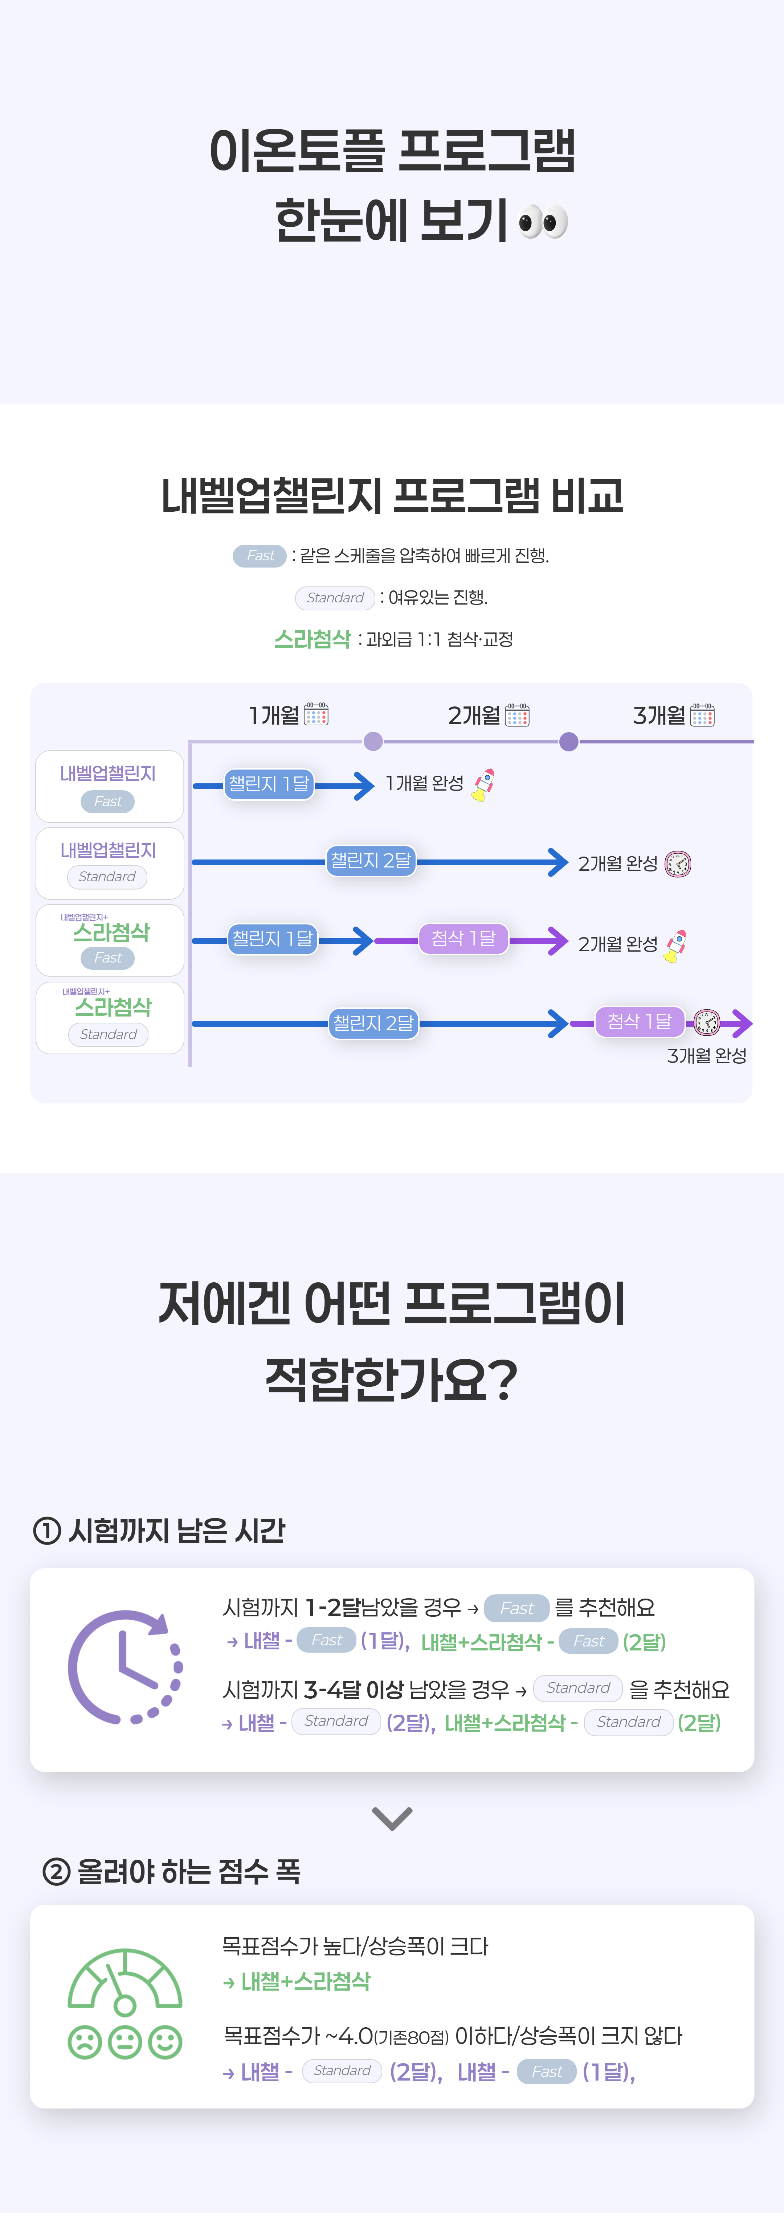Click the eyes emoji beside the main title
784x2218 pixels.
point(543,221)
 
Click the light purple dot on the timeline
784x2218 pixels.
point(373,741)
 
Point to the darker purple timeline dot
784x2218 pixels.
point(569,741)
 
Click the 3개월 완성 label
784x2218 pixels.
point(706,1056)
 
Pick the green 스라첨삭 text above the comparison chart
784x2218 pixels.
point(312,639)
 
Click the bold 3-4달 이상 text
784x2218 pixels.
point(354,1689)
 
